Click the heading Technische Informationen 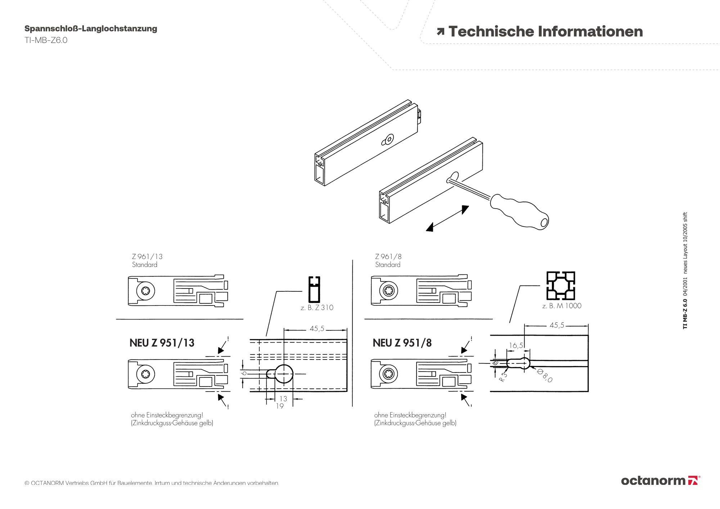[x=545, y=32]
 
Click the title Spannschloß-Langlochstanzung [x=91, y=29]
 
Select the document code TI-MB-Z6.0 [x=46, y=40]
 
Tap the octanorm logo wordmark [x=653, y=481]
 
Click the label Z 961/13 [x=147, y=256]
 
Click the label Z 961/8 [x=388, y=256]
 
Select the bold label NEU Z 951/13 [x=162, y=343]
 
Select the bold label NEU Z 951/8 [x=402, y=343]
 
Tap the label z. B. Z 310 [x=317, y=307]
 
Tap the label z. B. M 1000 [x=562, y=306]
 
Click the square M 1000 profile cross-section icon [x=561, y=286]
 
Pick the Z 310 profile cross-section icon [x=314, y=289]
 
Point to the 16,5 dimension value [x=516, y=345]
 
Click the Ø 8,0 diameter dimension [x=545, y=375]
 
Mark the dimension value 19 [x=280, y=406]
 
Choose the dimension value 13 [x=283, y=399]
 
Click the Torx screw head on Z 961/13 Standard [x=146, y=291]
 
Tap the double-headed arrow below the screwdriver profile [x=447, y=218]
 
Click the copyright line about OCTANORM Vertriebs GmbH [x=152, y=483]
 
